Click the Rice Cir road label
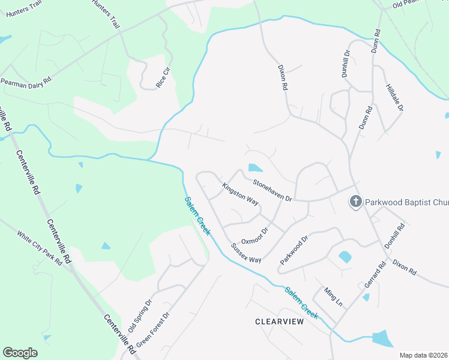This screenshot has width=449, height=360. (x=163, y=78)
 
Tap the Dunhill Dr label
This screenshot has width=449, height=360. (x=346, y=62)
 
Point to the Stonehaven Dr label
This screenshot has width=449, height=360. (x=272, y=190)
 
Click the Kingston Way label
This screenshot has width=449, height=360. (x=241, y=195)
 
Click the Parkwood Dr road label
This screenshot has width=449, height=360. (x=294, y=251)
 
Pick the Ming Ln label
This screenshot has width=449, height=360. (x=333, y=296)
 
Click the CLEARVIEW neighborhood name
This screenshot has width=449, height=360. (x=279, y=322)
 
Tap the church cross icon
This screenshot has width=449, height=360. (x=355, y=202)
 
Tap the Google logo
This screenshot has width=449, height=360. (x=20, y=352)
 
